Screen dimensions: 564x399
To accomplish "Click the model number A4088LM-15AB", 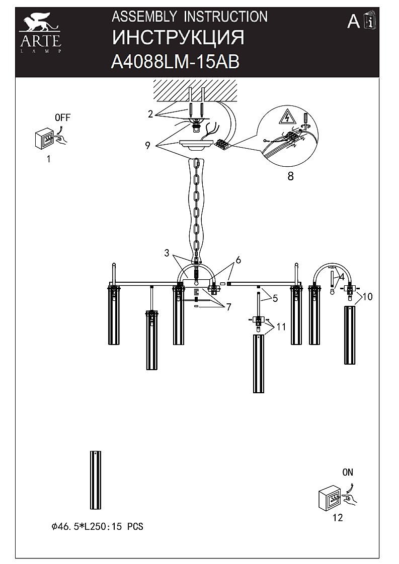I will click(x=175, y=62).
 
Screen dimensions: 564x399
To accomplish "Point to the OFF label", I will click(x=62, y=119).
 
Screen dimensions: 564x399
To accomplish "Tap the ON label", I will click(x=348, y=472).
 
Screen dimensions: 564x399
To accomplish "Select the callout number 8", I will click(x=290, y=176).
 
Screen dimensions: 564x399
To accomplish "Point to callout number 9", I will click(x=147, y=146).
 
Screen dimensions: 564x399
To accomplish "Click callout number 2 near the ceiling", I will click(x=150, y=114).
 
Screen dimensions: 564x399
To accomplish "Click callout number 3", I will click(x=167, y=253).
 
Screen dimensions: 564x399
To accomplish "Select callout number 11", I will click(x=281, y=327).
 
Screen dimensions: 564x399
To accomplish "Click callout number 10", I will click(x=367, y=297).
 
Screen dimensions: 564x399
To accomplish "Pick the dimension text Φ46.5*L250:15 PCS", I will click(x=97, y=527).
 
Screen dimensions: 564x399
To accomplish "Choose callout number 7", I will click(x=228, y=307).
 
